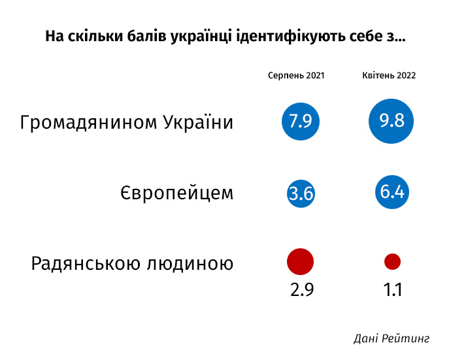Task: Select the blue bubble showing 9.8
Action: tap(392, 122)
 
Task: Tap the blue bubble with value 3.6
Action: tap(301, 193)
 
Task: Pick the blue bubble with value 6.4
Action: tap(392, 192)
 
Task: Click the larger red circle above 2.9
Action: tap(301, 262)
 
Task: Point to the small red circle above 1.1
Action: tap(392, 262)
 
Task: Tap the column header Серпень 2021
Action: tap(296, 76)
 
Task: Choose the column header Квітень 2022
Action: tap(390, 76)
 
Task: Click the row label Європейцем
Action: tap(176, 193)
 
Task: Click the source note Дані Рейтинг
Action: tap(392, 338)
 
